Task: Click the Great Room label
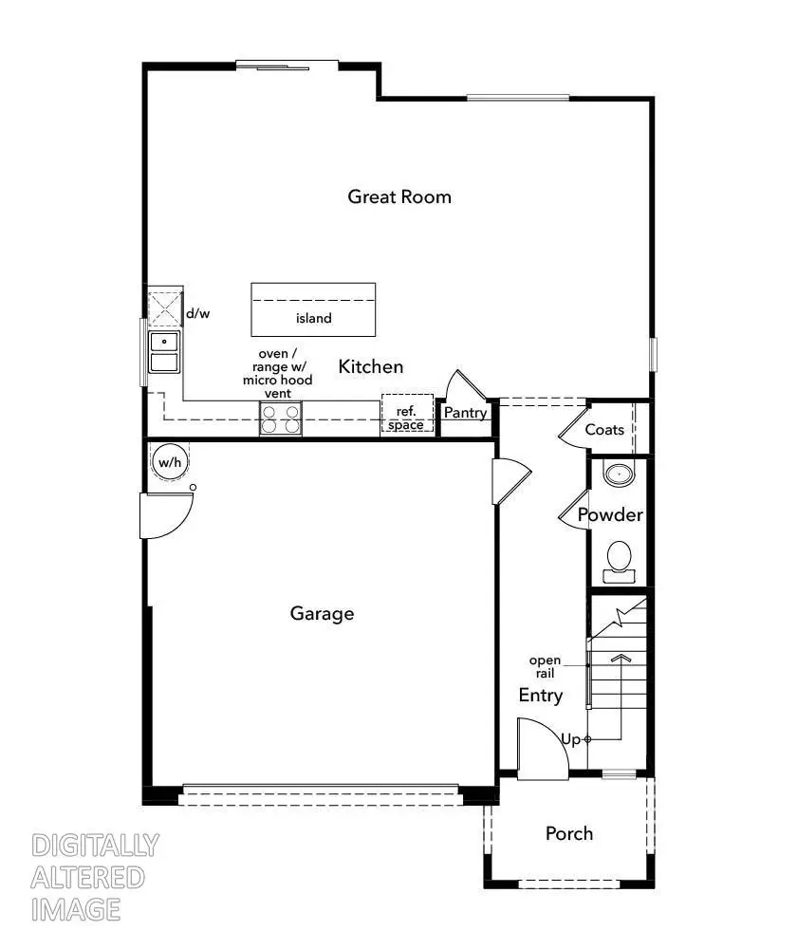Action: tap(398, 196)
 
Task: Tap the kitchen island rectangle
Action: tap(312, 309)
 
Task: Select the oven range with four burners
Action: tap(281, 419)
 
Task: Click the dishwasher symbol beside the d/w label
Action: tap(163, 309)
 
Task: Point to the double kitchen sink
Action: tap(164, 351)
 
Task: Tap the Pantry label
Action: tap(465, 413)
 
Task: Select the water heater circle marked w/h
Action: tap(170, 462)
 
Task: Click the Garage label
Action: tap(322, 613)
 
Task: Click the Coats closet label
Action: tap(604, 429)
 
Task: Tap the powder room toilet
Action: tap(620, 558)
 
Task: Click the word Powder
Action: tap(610, 515)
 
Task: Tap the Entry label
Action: tap(540, 696)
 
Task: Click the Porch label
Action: tap(568, 833)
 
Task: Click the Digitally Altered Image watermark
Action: tap(94, 877)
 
